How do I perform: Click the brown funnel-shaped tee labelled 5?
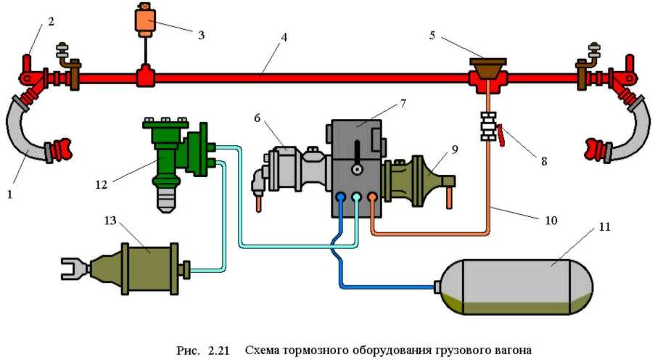point(488,72)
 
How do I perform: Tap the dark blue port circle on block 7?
point(340,197)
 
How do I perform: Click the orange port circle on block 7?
point(372,197)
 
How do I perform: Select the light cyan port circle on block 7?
point(356,197)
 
